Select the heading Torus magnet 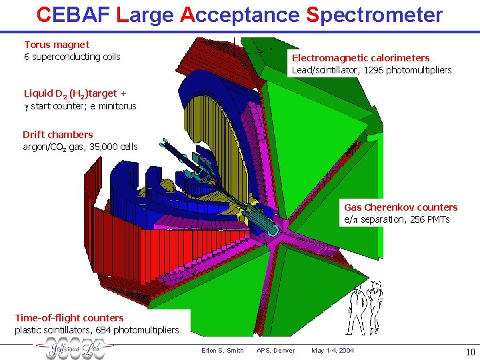click(x=57, y=45)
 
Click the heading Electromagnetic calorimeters click(x=361, y=58)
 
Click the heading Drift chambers click(x=58, y=135)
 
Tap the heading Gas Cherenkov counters click(x=401, y=207)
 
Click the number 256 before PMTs click(x=417, y=219)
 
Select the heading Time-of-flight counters click(x=69, y=318)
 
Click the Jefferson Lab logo click(x=74, y=349)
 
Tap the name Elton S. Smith click(x=222, y=351)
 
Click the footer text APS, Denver click(x=275, y=351)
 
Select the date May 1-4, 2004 click(x=333, y=351)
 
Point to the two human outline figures click(x=366, y=305)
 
